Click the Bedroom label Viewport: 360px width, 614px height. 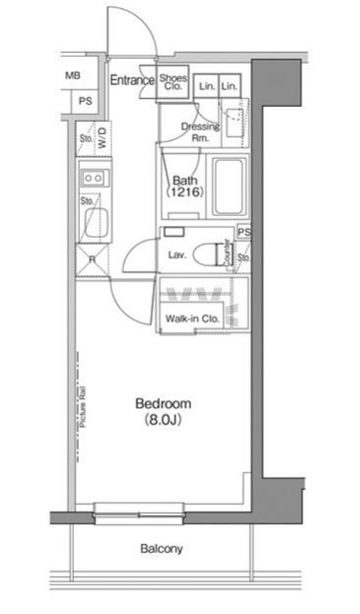[x=163, y=403]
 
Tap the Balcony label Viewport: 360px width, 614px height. [x=162, y=548]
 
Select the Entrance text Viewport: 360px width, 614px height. [x=133, y=81]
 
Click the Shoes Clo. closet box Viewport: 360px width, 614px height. [x=173, y=84]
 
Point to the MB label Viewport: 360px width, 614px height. [x=73, y=75]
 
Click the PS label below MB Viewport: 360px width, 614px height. [x=85, y=101]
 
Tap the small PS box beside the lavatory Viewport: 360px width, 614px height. [x=244, y=232]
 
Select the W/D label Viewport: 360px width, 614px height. [x=102, y=138]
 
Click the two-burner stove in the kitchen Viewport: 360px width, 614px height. [x=95, y=179]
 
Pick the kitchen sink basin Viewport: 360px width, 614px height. [x=96, y=222]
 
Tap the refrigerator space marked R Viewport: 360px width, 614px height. [x=92, y=260]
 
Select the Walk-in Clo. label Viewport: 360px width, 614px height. [x=192, y=319]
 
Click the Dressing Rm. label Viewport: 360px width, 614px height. [x=200, y=132]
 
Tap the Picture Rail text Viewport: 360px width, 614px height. [x=83, y=407]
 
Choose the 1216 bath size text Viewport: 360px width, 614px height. [x=185, y=192]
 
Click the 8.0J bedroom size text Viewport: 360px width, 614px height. [x=163, y=420]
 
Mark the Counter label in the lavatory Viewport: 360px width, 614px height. [x=227, y=253]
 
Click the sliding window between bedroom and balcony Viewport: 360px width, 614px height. [x=139, y=514]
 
